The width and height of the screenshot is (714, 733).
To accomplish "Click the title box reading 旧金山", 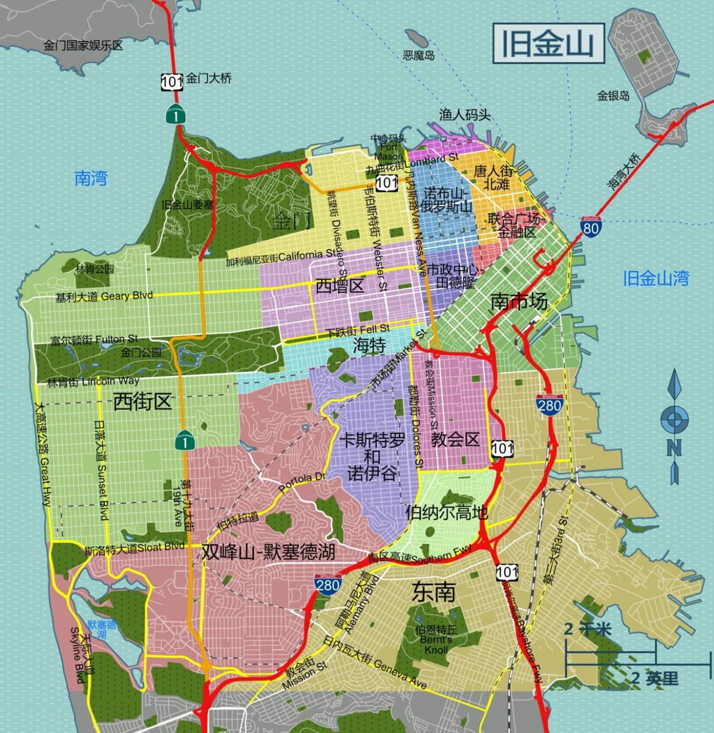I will pyautogui.click(x=548, y=44).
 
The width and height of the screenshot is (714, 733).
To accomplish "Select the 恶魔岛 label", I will pyautogui.click(x=418, y=56).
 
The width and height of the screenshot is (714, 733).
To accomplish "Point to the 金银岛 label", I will pyautogui.click(x=613, y=96).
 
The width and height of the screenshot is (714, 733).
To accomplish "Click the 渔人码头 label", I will pyautogui.click(x=465, y=115).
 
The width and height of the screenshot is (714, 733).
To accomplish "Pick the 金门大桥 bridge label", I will pyautogui.click(x=209, y=78).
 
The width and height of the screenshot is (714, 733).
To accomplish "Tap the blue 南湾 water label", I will pyautogui.click(x=91, y=178).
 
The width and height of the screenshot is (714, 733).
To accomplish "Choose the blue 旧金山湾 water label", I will pyautogui.click(x=656, y=278).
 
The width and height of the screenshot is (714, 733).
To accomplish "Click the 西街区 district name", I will pyautogui.click(x=142, y=401).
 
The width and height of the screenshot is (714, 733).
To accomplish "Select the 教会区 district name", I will pyautogui.click(x=455, y=439).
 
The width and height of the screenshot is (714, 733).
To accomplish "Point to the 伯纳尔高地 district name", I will pyautogui.click(x=446, y=511).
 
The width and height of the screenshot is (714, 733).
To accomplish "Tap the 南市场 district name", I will pyautogui.click(x=519, y=301).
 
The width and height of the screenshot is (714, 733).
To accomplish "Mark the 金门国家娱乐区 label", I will pyautogui.click(x=83, y=45).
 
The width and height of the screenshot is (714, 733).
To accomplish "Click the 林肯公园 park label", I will pyautogui.click(x=95, y=269).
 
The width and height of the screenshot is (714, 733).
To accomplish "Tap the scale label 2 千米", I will pyautogui.click(x=587, y=629).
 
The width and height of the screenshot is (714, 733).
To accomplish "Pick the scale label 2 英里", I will pyautogui.click(x=654, y=679).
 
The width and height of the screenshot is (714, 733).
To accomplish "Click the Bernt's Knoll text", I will pyautogui.click(x=436, y=644).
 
